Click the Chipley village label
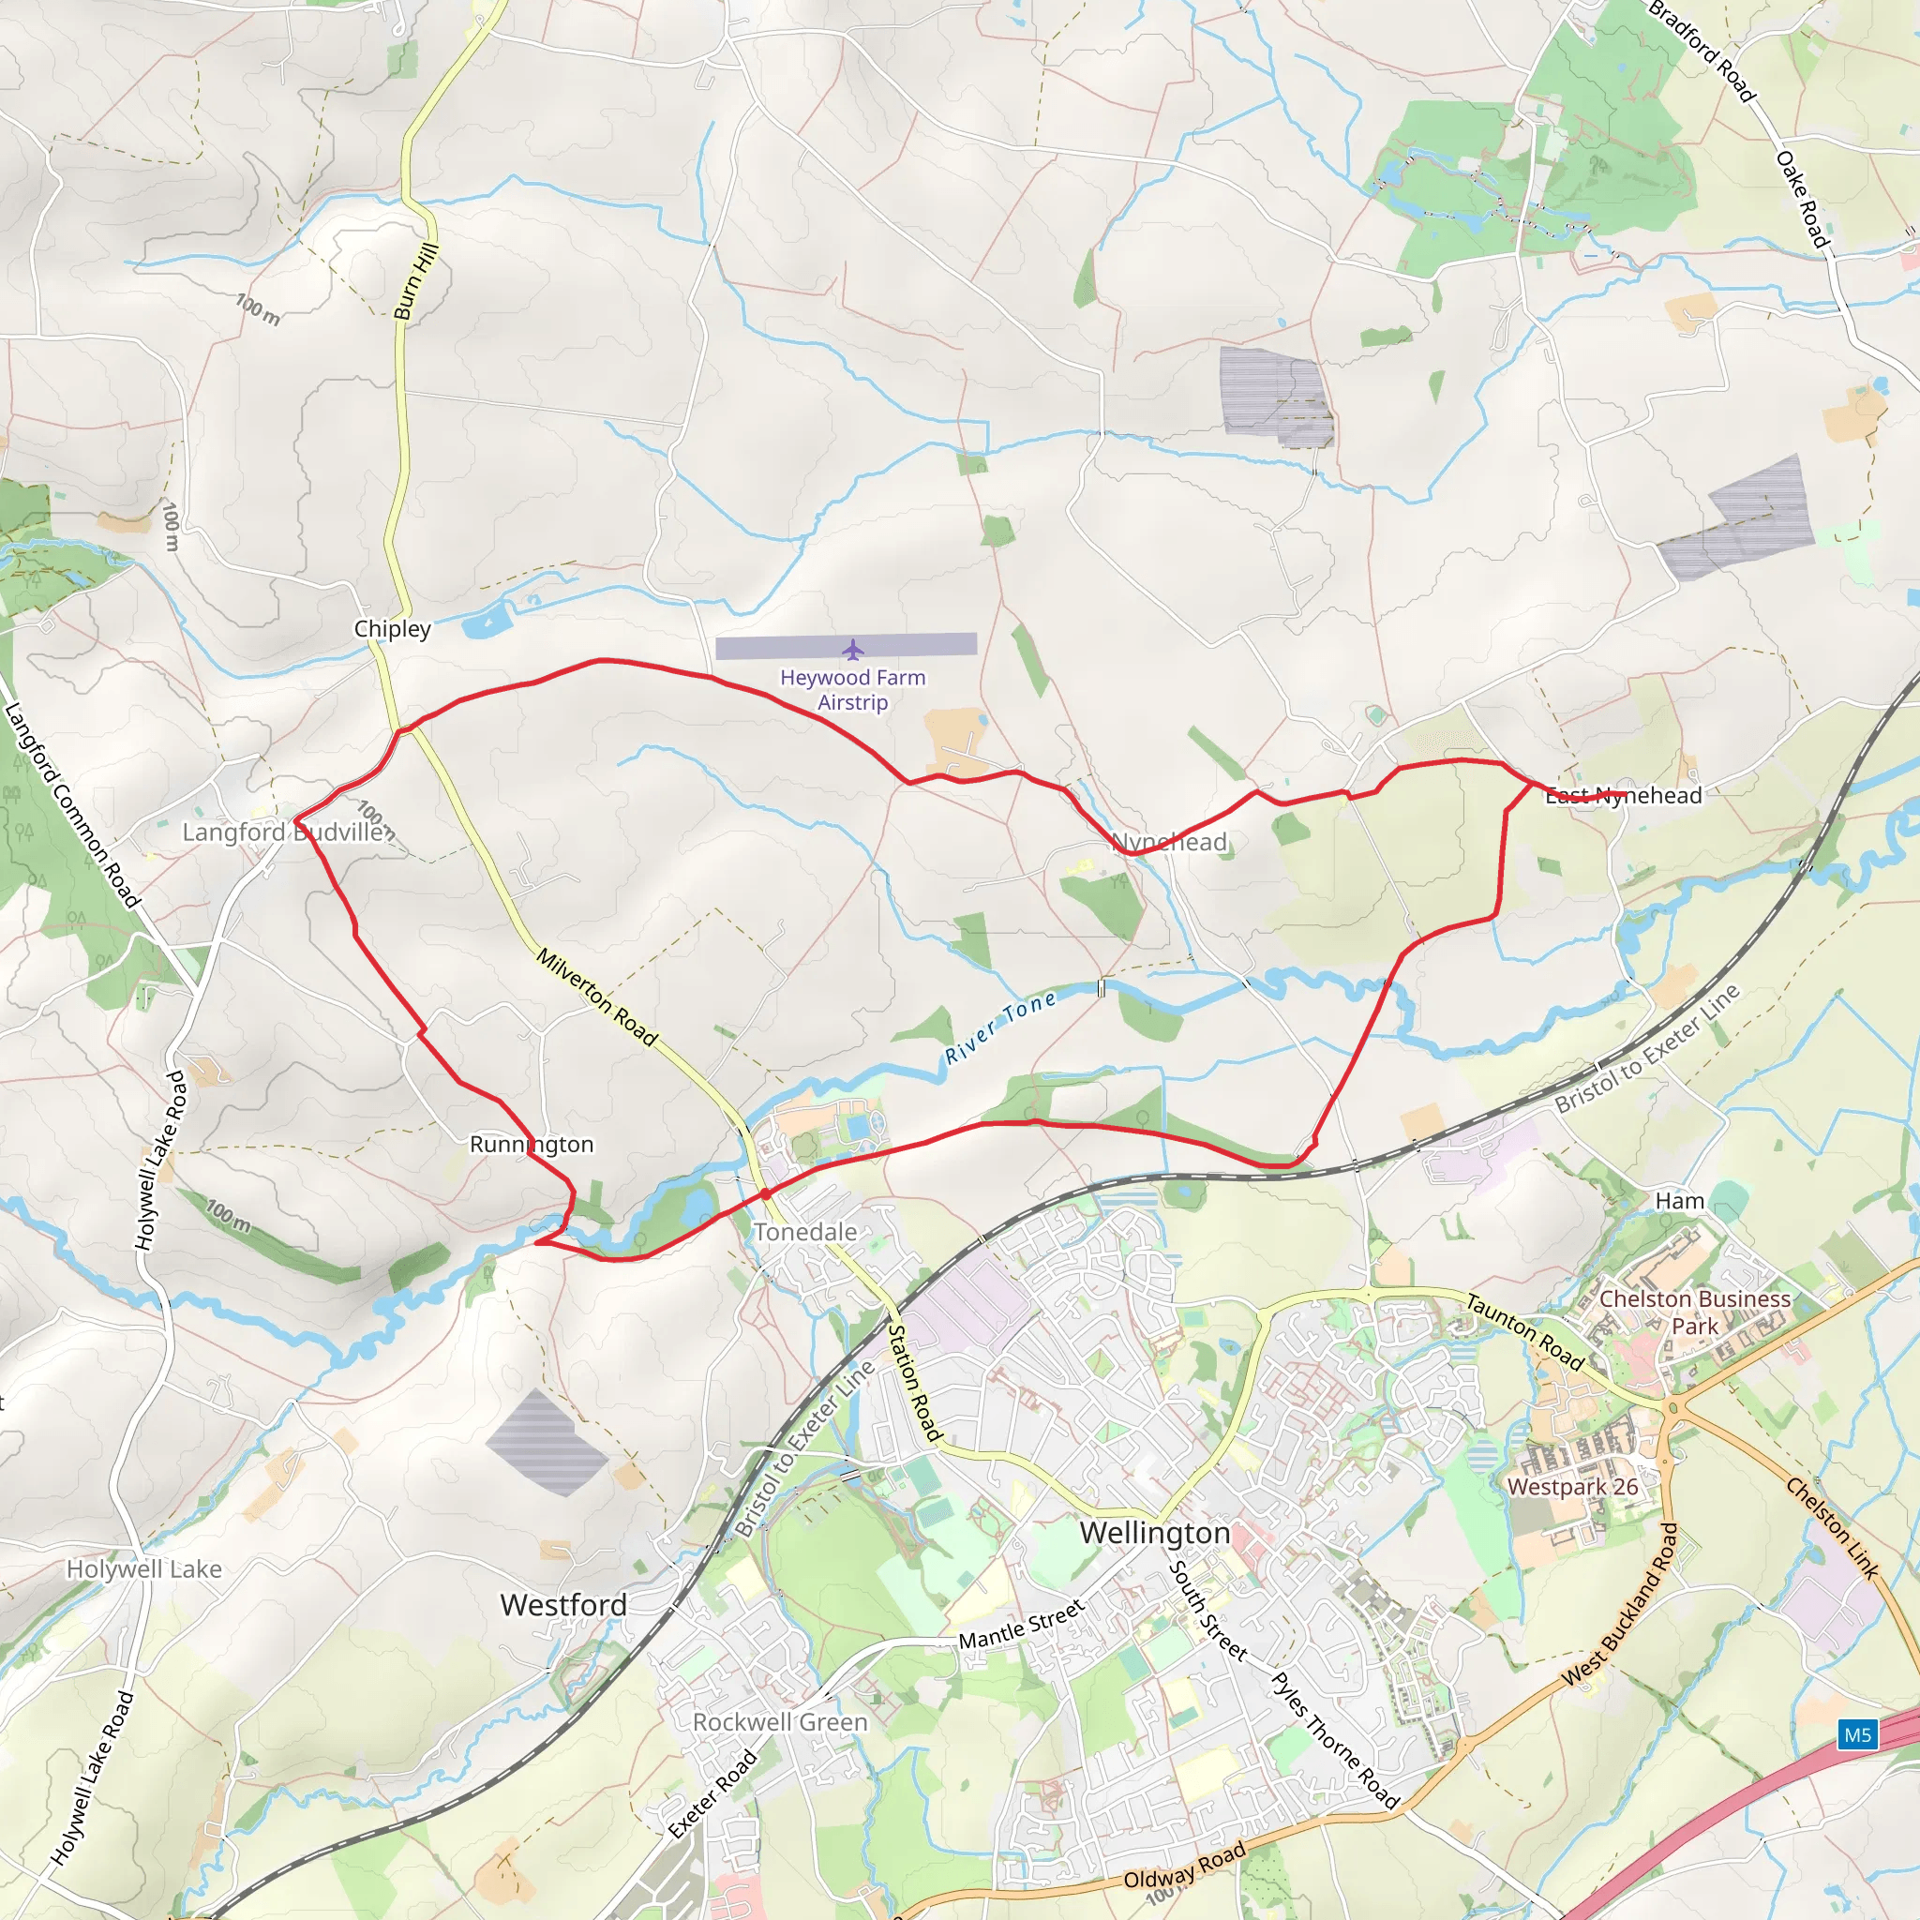click(393, 629)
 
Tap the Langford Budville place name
click(283, 832)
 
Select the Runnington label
click(531, 1144)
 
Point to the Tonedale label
click(805, 1232)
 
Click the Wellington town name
click(1155, 1533)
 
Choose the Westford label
click(563, 1604)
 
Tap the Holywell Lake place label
click(144, 1569)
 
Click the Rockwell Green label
click(780, 1722)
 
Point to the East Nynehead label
click(1623, 795)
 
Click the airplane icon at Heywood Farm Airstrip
click(853, 650)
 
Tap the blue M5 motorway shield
click(1857, 1735)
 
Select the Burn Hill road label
click(416, 282)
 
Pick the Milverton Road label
click(597, 997)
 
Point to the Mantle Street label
click(1021, 1625)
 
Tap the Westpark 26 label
click(1572, 1487)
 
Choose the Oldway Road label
click(1184, 1866)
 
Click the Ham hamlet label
click(1679, 1202)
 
